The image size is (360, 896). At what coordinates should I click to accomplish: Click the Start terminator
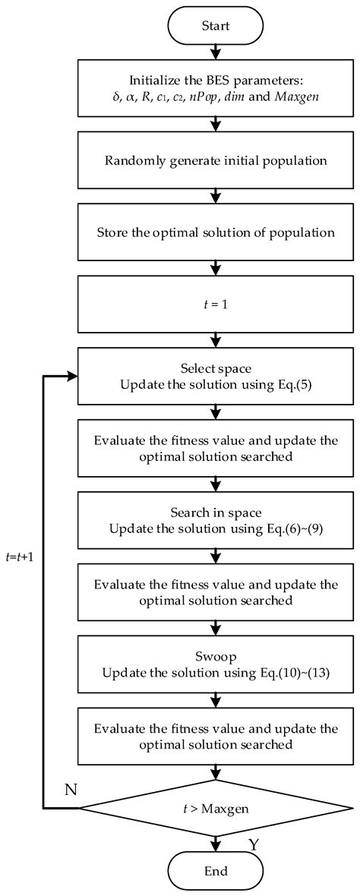pos(216,26)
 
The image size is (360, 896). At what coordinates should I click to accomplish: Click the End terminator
pos(216,871)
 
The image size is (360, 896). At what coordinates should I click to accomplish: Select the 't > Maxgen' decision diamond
pos(216,808)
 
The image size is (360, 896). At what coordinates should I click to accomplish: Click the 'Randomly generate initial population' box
pos(216,160)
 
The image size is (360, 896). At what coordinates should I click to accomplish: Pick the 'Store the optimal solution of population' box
pos(216,232)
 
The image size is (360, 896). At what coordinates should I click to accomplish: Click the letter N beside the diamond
pos(71,790)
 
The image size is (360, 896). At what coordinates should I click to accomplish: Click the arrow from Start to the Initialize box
pos(216,52)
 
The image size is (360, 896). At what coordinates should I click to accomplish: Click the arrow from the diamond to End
pos(216,844)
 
